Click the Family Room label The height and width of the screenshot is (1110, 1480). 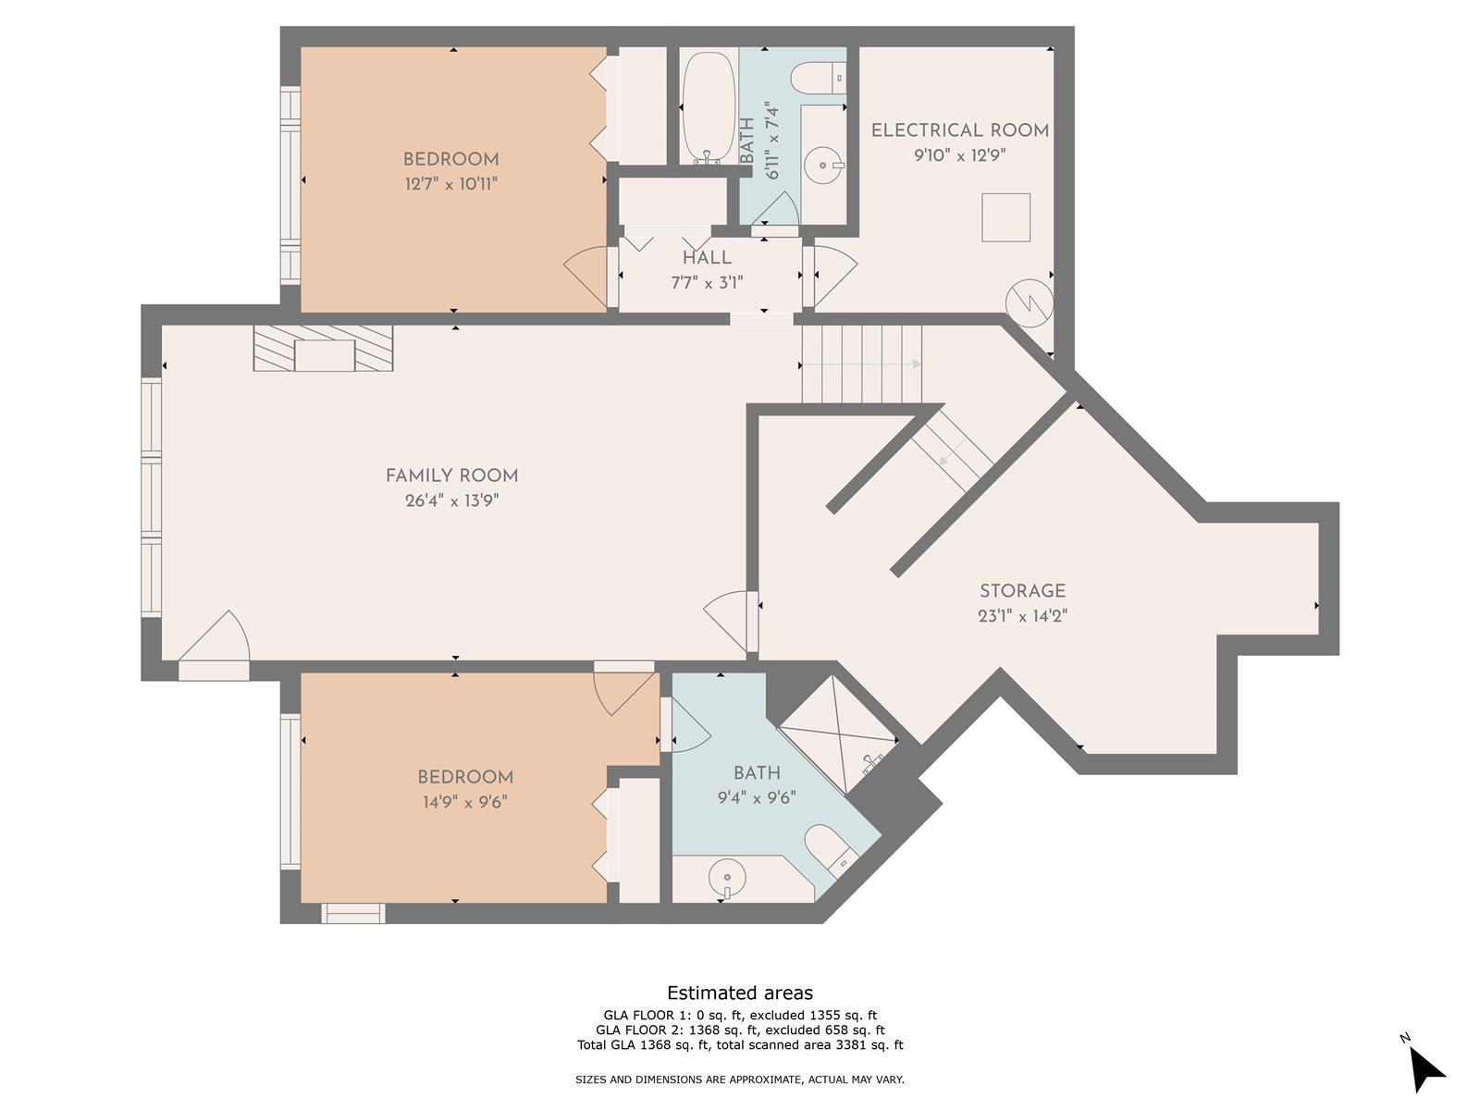tap(451, 475)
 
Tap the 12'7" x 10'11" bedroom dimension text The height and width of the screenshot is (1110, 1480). tap(451, 183)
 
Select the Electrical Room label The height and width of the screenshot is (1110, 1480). tap(960, 130)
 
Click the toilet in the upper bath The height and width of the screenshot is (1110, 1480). tap(818, 78)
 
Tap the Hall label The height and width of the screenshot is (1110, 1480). tap(707, 257)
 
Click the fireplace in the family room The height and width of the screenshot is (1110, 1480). tap(323, 348)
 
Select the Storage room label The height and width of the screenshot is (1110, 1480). tap(1023, 591)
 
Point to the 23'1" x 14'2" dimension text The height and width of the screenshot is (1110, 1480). tap(1023, 616)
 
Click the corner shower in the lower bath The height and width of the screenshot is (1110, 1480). tap(839, 734)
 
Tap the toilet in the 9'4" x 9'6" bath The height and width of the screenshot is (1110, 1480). tap(831, 850)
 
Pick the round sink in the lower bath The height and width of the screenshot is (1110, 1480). tap(728, 878)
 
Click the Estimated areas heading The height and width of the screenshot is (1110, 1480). tap(740, 993)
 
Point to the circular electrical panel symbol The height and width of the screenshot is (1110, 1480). tap(1029, 303)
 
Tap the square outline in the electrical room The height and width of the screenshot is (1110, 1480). tap(1006, 217)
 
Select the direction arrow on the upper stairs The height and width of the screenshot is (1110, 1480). tap(861, 364)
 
